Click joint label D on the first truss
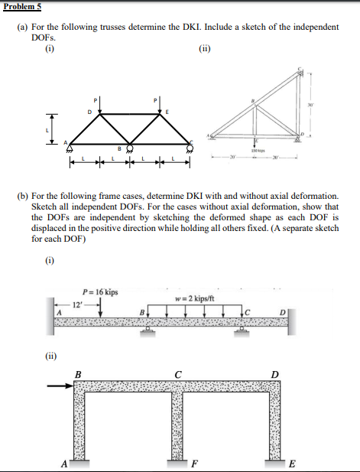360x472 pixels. point(89,111)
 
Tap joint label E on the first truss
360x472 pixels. point(167,112)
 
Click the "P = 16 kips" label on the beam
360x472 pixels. point(99,291)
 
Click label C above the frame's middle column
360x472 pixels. point(177,373)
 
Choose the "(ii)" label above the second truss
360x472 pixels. point(203,50)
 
